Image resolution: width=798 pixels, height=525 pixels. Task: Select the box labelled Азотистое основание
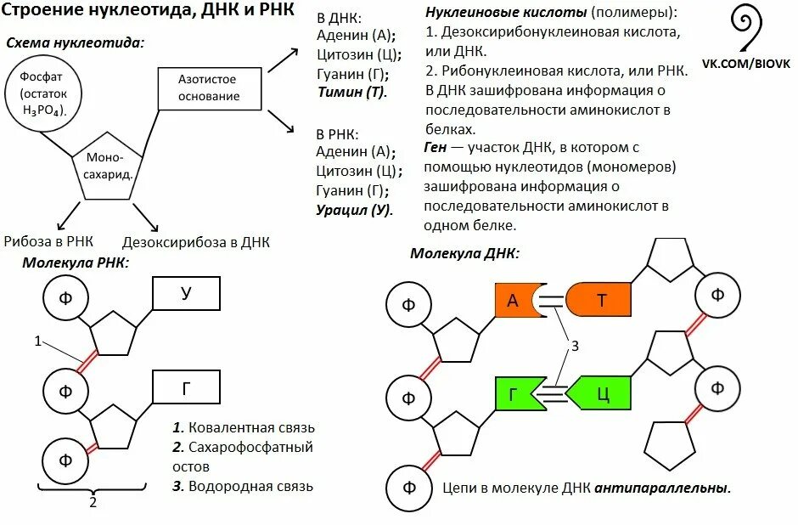click(208, 87)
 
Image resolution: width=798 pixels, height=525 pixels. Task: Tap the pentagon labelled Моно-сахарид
click(108, 167)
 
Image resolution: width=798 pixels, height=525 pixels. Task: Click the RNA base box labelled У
click(186, 294)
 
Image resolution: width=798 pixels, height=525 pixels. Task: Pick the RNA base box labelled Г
click(186, 388)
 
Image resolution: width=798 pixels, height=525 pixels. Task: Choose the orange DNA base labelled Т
click(600, 300)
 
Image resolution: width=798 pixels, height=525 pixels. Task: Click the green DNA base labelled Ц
click(601, 394)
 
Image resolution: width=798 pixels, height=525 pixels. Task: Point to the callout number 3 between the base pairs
click(575, 346)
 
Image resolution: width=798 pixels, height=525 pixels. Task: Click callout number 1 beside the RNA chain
click(38, 341)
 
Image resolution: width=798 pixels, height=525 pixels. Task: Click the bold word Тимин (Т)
click(351, 92)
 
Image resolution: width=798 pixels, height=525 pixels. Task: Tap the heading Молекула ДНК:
click(464, 253)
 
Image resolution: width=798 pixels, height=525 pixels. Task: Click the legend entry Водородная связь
click(243, 487)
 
